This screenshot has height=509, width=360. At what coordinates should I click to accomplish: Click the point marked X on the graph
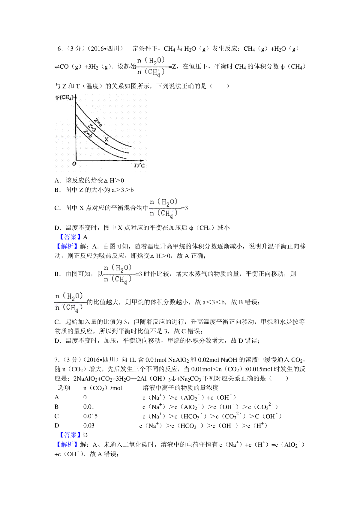(106, 144)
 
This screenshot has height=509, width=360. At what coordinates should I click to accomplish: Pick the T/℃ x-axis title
(139, 165)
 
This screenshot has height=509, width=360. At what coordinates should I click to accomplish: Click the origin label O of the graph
(74, 164)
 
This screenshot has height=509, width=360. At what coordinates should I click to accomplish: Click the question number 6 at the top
(59, 49)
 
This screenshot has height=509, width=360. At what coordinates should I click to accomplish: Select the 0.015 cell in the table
(91, 416)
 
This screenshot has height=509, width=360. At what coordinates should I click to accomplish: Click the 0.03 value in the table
(89, 425)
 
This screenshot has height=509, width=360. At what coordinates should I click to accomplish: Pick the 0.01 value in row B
(89, 407)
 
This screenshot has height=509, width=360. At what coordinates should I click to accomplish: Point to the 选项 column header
(64, 388)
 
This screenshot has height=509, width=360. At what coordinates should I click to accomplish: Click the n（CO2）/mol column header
(103, 388)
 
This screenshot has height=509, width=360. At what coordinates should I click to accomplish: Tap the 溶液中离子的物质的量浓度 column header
(181, 388)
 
